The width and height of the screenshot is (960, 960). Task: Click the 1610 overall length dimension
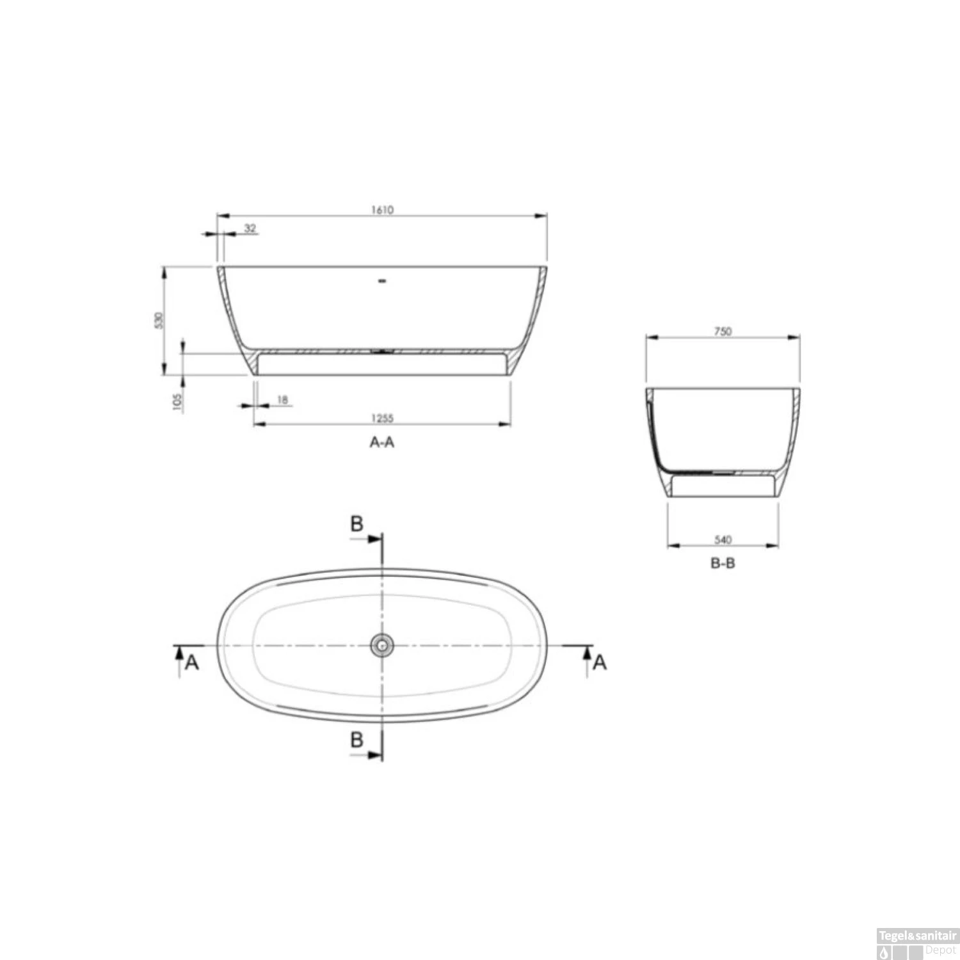click(x=381, y=210)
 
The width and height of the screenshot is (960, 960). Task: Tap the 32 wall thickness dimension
click(x=250, y=228)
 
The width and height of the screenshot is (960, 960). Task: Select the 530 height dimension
click(x=159, y=319)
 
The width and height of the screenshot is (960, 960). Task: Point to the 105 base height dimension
click(x=178, y=401)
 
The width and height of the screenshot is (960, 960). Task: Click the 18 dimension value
click(x=282, y=400)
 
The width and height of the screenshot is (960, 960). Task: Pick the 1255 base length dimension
click(x=382, y=419)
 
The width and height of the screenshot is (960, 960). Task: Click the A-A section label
click(x=382, y=442)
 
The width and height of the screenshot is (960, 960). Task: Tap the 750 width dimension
click(x=722, y=332)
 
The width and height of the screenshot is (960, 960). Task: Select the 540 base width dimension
click(x=723, y=540)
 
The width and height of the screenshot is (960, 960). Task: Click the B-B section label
click(x=723, y=564)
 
